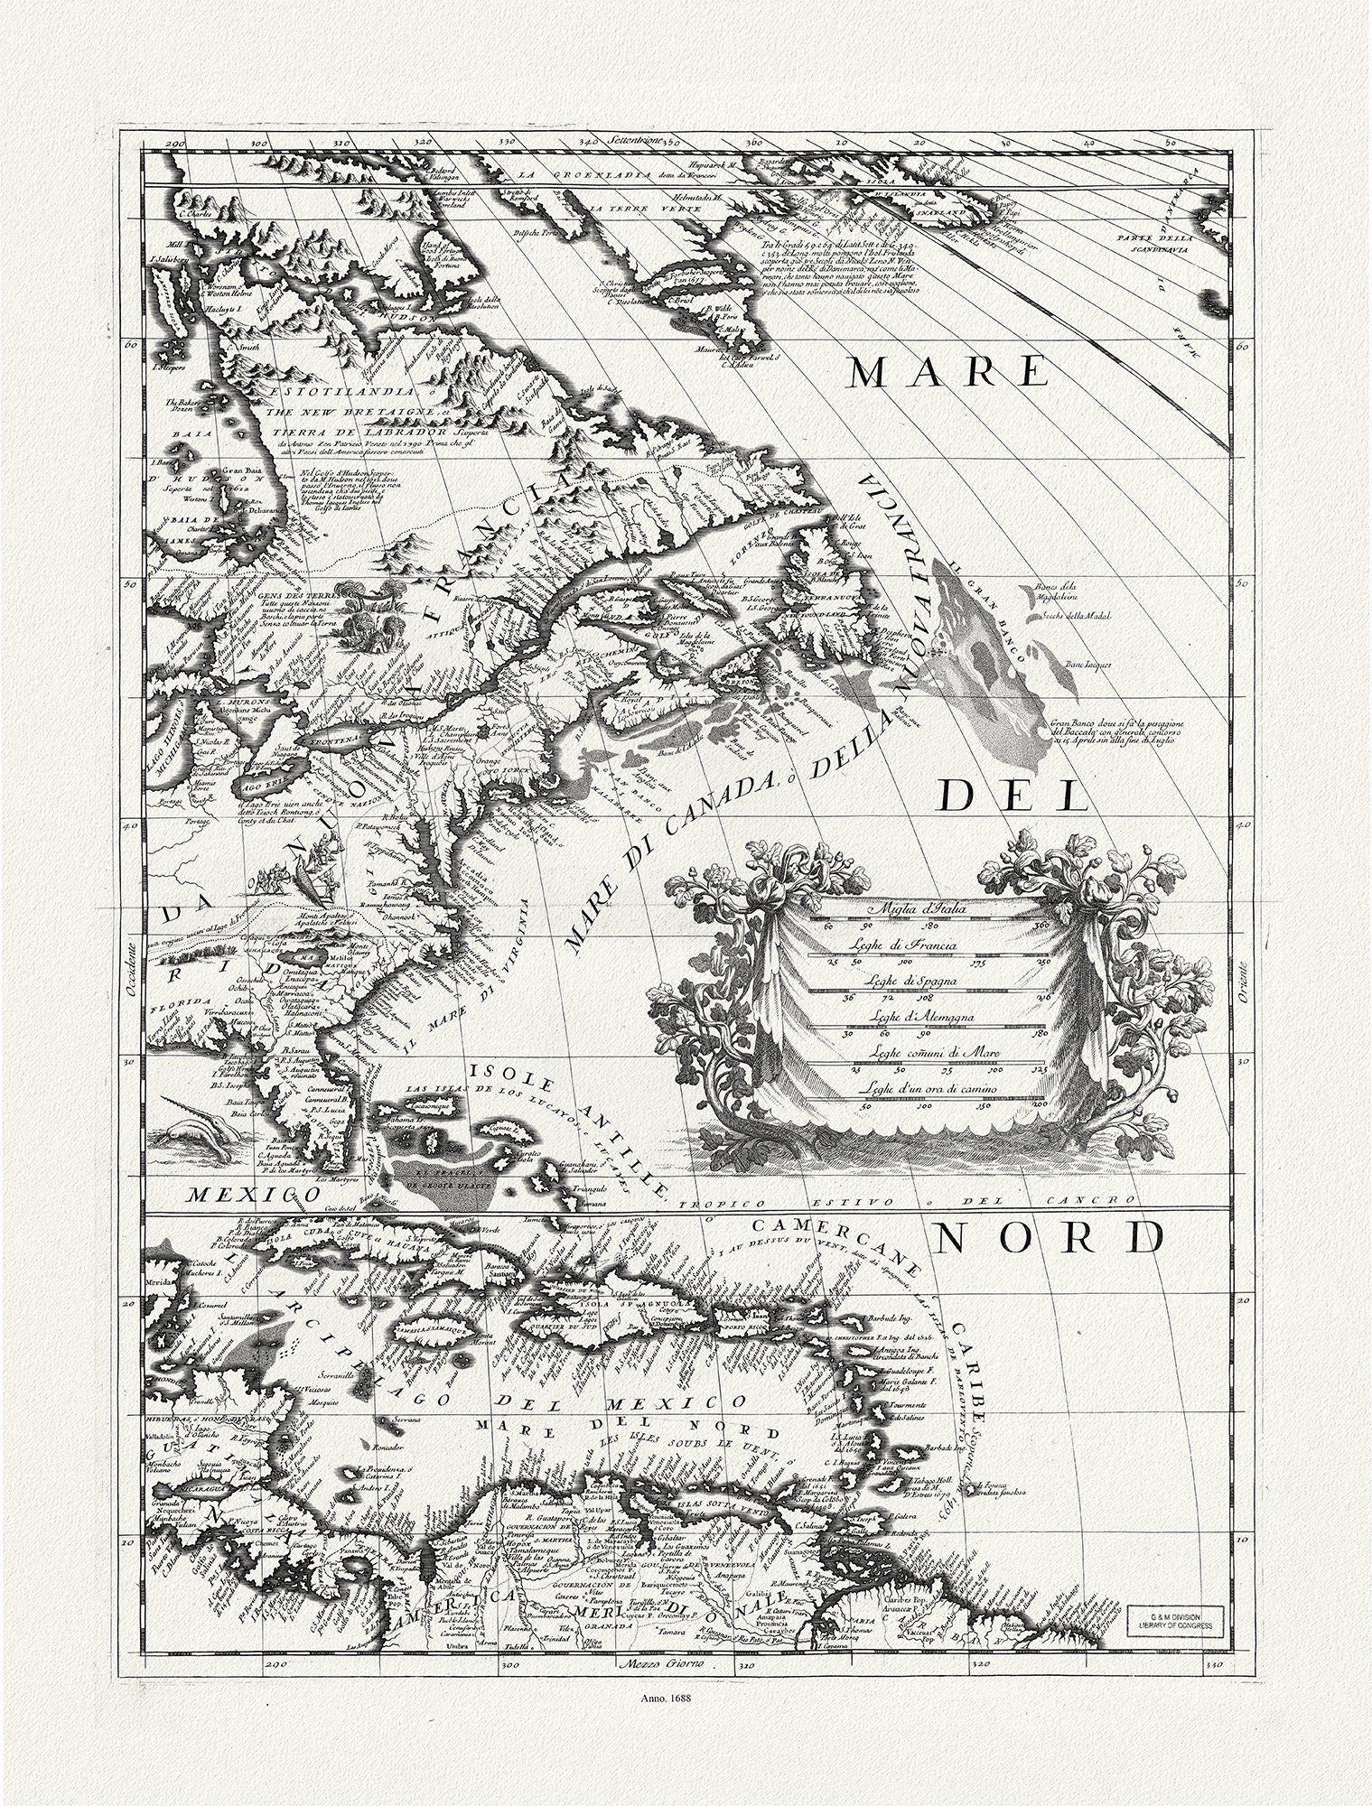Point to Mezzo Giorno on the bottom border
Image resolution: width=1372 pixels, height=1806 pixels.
tap(661, 1663)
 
